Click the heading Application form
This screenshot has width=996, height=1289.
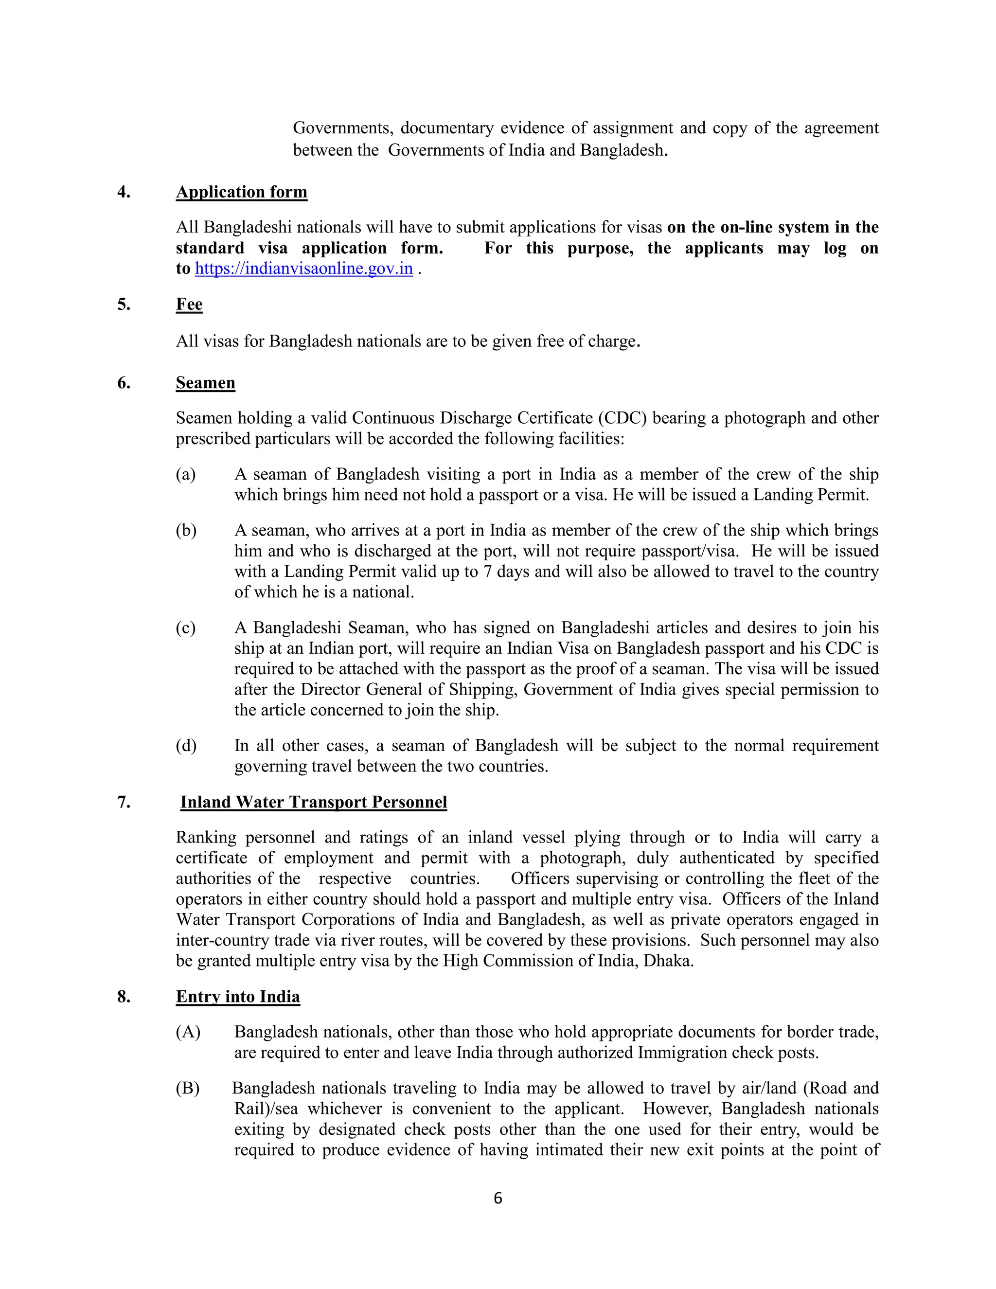click(241, 193)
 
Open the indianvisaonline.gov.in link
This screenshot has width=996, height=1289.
click(303, 269)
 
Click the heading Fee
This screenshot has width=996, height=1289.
click(189, 304)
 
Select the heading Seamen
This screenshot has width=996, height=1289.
click(205, 383)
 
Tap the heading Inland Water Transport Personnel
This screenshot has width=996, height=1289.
click(313, 802)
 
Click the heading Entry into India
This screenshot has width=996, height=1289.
click(238, 997)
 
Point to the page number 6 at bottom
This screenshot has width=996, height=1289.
click(498, 1198)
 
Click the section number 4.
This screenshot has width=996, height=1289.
click(124, 193)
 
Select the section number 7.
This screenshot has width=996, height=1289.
click(124, 802)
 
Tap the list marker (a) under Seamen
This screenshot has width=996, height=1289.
click(185, 475)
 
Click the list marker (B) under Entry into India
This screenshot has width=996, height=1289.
click(188, 1088)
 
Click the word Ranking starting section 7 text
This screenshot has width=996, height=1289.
click(206, 838)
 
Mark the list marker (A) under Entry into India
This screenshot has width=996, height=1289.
click(188, 1032)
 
